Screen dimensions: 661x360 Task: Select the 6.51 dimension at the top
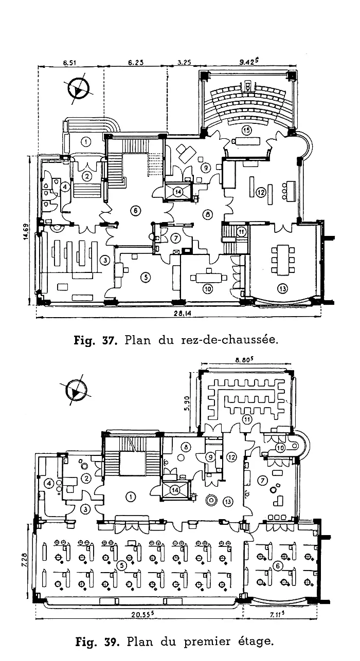(x=70, y=63)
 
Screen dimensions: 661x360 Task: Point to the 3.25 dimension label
(x=184, y=63)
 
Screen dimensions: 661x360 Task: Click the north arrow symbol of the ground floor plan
(x=79, y=89)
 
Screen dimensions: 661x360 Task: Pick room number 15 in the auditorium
(x=247, y=130)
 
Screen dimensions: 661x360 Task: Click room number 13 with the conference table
(x=282, y=288)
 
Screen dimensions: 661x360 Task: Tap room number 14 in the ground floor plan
(x=178, y=191)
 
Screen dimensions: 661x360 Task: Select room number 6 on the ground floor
(x=135, y=210)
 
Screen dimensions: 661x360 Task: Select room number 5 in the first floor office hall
(x=121, y=565)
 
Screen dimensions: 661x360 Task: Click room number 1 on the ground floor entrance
(x=86, y=141)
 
